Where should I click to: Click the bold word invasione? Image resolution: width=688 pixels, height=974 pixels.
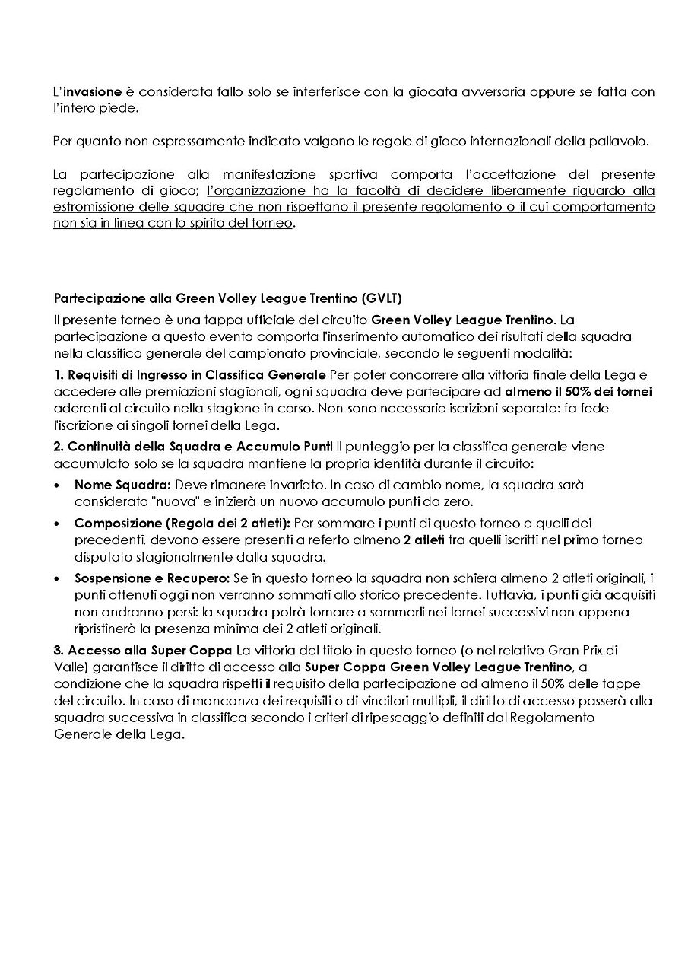tap(91, 91)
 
